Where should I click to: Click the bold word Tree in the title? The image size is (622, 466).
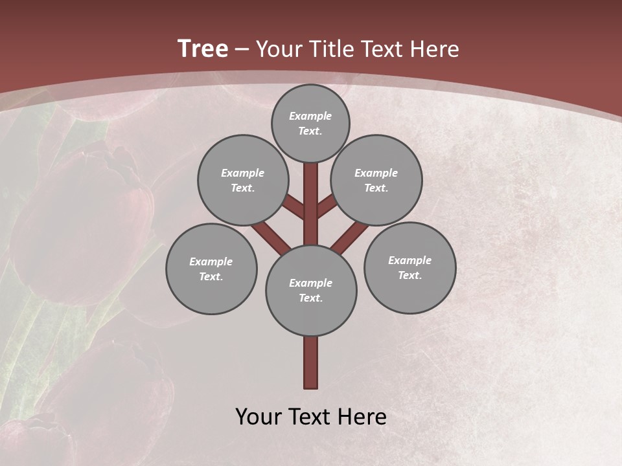(203, 49)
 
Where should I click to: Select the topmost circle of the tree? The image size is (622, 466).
(310, 123)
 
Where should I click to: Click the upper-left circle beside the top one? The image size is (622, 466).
(243, 180)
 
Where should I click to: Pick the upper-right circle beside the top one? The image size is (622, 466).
(376, 180)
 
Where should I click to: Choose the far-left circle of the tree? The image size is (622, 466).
(211, 269)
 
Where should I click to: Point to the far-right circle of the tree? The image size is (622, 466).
(409, 267)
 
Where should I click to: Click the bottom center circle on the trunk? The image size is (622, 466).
(311, 290)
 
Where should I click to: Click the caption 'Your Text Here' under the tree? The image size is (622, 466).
(311, 417)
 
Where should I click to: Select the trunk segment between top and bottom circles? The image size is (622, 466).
(311, 204)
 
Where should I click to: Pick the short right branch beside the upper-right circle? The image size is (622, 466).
(327, 207)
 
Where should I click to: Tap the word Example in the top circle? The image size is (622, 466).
(310, 116)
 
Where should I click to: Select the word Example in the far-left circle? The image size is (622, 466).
(211, 261)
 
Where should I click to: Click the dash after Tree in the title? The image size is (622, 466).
(242, 49)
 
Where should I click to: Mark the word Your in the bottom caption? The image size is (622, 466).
(258, 417)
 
